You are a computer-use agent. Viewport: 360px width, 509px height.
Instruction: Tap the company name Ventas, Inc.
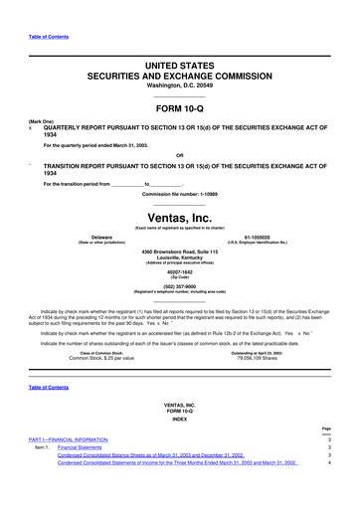(180, 218)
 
